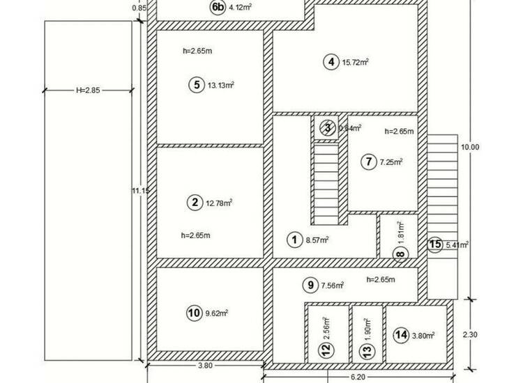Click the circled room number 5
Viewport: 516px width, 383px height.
(x=197, y=85)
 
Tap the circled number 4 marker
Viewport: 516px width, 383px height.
(x=331, y=62)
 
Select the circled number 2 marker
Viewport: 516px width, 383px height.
(x=195, y=202)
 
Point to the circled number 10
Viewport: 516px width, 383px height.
(x=194, y=313)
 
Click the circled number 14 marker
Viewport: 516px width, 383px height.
(x=402, y=335)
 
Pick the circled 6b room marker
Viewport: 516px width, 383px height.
(x=218, y=7)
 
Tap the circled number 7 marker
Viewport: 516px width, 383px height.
(x=369, y=162)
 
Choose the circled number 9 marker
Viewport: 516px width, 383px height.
(x=310, y=285)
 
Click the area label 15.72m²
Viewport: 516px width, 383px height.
(x=356, y=62)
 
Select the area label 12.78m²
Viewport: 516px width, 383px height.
(x=219, y=203)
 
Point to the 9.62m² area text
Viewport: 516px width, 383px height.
(x=217, y=313)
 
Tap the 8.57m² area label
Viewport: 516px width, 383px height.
(x=317, y=240)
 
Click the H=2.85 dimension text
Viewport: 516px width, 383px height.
(x=88, y=90)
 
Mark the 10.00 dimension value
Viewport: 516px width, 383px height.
(x=470, y=147)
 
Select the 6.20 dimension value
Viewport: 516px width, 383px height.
(x=358, y=377)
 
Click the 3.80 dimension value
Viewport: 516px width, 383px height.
(x=206, y=366)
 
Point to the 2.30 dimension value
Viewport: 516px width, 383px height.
(x=470, y=335)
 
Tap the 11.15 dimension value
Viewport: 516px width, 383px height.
(x=141, y=190)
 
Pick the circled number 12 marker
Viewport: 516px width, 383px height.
(x=326, y=350)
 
